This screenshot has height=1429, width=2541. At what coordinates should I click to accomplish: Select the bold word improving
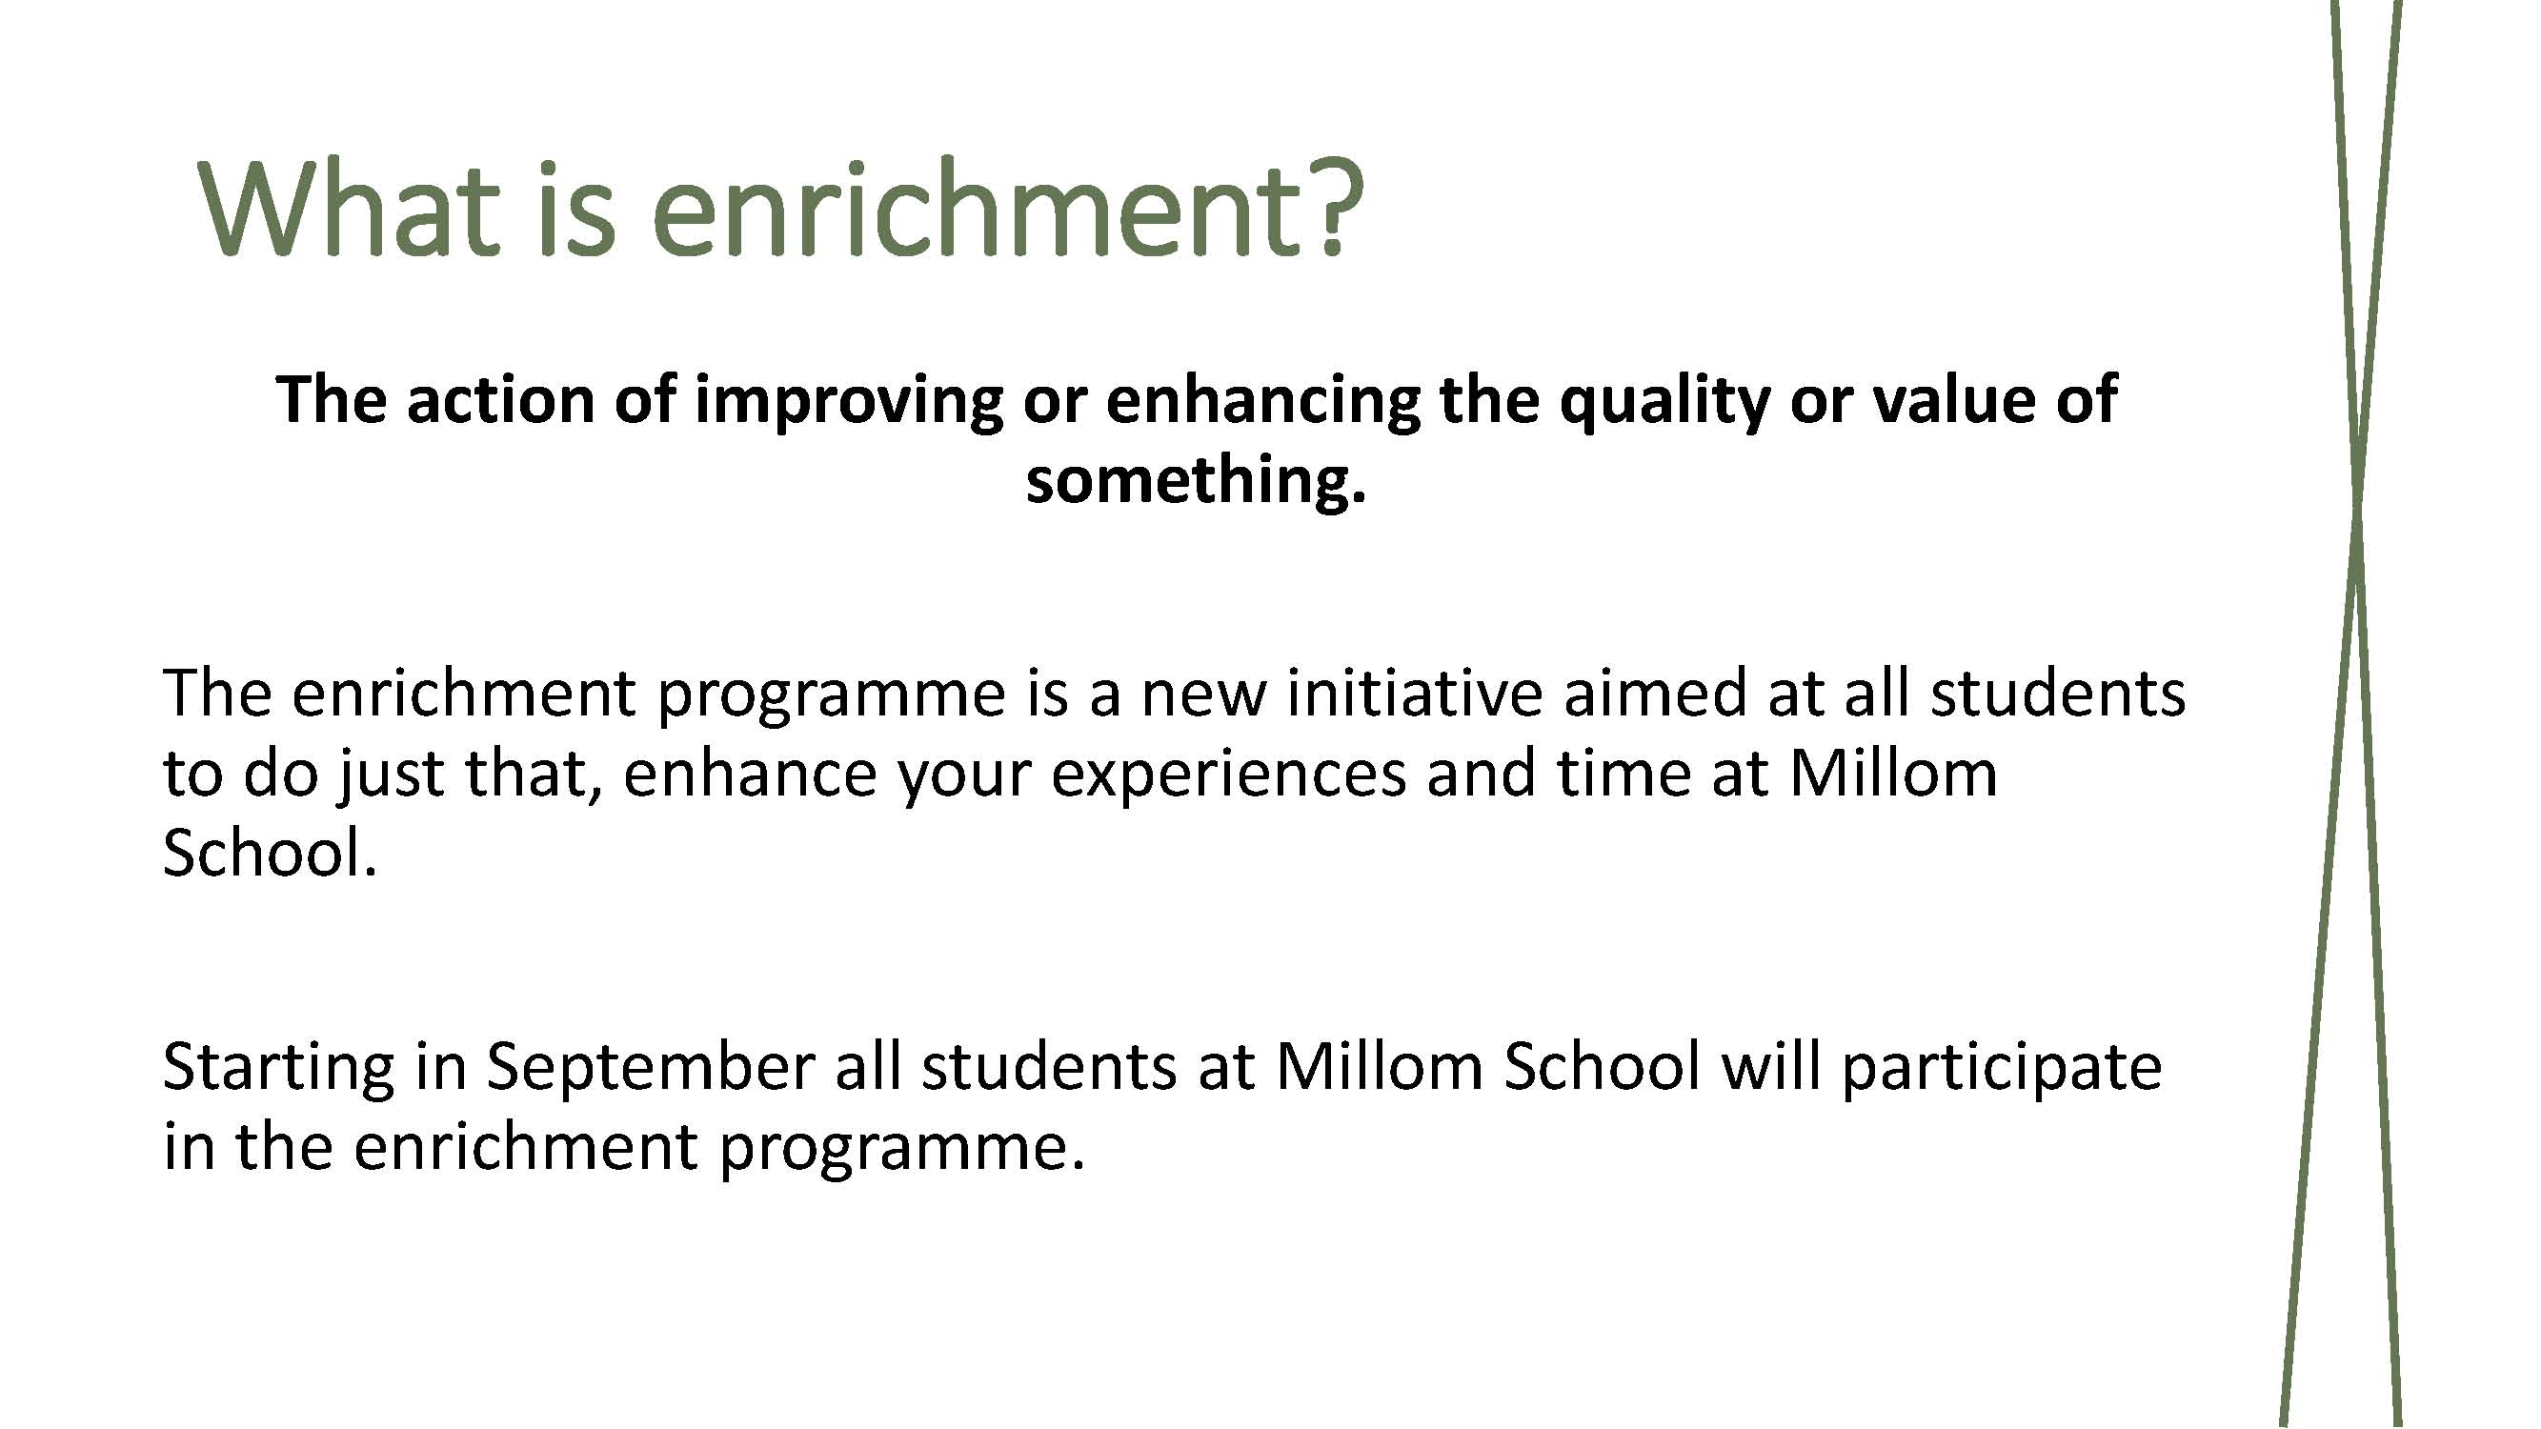coord(848,401)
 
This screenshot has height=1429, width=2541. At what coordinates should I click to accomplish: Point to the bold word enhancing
coord(1262,401)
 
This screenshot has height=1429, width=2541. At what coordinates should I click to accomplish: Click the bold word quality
coord(1664,401)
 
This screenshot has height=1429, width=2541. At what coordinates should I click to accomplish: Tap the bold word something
coord(1196,481)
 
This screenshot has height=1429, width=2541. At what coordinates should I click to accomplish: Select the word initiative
coord(1415,693)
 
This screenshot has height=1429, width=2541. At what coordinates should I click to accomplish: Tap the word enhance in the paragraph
coord(750,774)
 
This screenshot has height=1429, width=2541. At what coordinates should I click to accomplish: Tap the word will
coord(1771,1067)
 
